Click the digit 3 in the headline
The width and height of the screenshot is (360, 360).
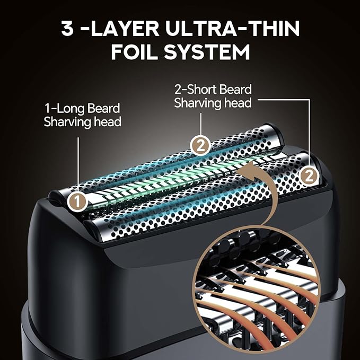pyautogui.click(x=67, y=29)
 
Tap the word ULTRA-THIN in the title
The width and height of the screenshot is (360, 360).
pyautogui.click(x=232, y=29)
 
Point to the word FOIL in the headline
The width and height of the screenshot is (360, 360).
pyautogui.click(x=135, y=52)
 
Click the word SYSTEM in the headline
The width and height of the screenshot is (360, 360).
pyautogui.click(x=207, y=52)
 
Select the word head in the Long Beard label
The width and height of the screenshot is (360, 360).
pyautogui.click(x=108, y=122)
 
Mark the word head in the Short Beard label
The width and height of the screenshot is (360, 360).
pyautogui.click(x=238, y=103)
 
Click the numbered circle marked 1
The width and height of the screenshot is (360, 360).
pyautogui.click(x=77, y=202)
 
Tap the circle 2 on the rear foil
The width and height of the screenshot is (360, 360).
pyautogui.click(x=200, y=146)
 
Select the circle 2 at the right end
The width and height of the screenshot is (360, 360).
pyautogui.click(x=309, y=177)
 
